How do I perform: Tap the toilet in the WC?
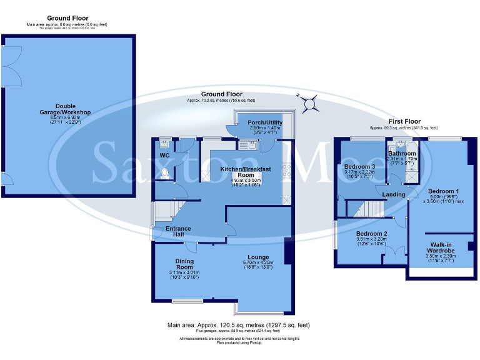(x=165, y=172)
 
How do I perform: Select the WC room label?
(x=164, y=155)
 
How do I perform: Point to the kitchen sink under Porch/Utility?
(x=244, y=146)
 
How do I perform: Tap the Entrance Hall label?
(x=178, y=232)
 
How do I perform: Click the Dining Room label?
(x=184, y=264)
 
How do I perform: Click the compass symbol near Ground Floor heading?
(x=308, y=99)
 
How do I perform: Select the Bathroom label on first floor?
(x=402, y=153)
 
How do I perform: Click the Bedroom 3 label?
(x=359, y=167)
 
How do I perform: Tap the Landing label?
(x=394, y=194)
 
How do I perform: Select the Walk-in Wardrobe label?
(x=440, y=248)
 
